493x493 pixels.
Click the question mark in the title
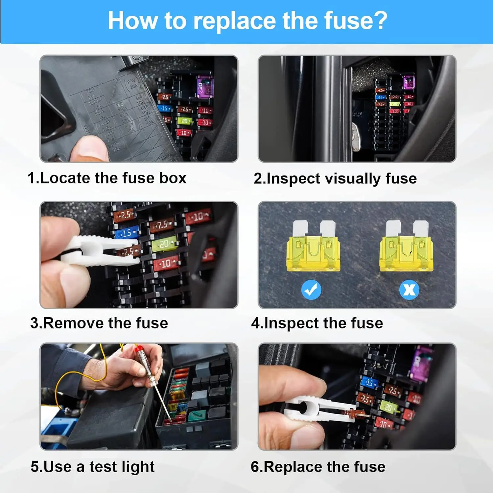[x=380, y=21]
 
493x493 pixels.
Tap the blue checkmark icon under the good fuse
[x=311, y=290]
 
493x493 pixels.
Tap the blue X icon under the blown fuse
[x=409, y=290]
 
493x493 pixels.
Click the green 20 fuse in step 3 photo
[x=164, y=244]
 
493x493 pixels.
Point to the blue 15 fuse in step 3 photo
[x=127, y=233]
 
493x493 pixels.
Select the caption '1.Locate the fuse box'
[x=107, y=178]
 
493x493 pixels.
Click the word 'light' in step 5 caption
[x=138, y=467]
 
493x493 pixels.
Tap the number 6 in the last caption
[x=255, y=467]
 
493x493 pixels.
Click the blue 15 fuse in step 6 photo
[x=369, y=383]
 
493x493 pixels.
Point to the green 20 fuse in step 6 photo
[x=388, y=408]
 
